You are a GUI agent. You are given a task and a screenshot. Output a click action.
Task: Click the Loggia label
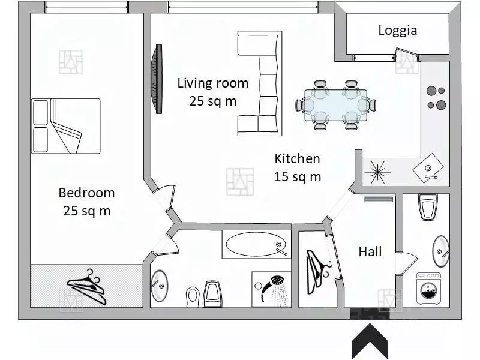(398, 31)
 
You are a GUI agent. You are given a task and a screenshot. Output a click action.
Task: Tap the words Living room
(213, 83)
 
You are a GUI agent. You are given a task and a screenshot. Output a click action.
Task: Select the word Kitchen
(297, 158)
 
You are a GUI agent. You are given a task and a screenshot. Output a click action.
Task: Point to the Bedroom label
(86, 193)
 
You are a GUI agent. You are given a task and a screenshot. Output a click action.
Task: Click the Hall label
(370, 251)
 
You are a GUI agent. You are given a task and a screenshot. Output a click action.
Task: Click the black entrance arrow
(370, 340)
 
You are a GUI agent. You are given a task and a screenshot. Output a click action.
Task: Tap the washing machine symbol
(429, 289)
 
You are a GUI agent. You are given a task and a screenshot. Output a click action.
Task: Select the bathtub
(256, 244)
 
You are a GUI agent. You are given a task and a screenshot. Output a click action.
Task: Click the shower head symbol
(274, 289)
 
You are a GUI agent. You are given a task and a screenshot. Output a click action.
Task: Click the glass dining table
(336, 106)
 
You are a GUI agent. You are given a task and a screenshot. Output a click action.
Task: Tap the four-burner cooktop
(436, 98)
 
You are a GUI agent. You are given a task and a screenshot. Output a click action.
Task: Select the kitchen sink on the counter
(428, 168)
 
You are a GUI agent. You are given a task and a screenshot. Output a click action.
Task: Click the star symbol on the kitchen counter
(377, 172)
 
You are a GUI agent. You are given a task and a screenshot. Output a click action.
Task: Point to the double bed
(66, 126)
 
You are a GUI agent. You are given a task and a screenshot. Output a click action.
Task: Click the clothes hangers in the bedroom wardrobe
(87, 287)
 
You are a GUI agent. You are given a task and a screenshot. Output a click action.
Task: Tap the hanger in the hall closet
(319, 268)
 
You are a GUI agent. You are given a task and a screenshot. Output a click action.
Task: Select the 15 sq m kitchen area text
(297, 176)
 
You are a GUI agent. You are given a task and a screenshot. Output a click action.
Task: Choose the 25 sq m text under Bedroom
(86, 211)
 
